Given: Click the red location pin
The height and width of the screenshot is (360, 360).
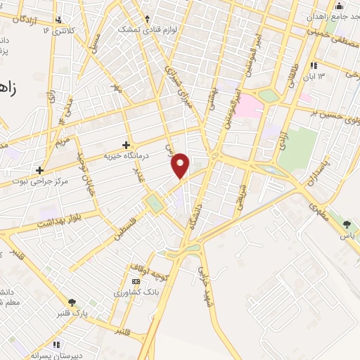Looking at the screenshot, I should click(x=181, y=165).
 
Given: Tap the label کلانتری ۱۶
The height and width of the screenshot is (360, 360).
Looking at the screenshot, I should click(x=58, y=30).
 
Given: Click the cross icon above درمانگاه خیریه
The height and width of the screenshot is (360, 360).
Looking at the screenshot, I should click(x=127, y=144).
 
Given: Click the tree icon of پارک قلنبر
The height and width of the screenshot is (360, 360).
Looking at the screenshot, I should click(x=71, y=302).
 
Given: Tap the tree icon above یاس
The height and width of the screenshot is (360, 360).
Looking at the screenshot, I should click(x=347, y=224).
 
